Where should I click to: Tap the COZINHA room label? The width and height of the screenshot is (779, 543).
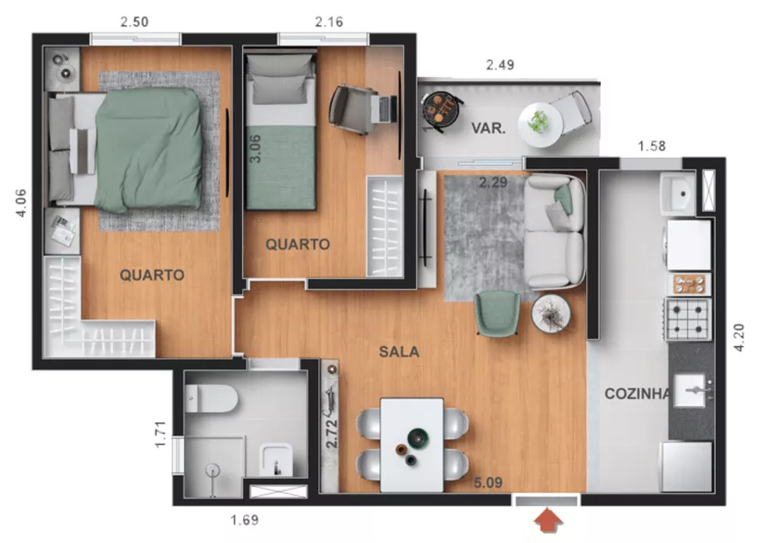[638, 394]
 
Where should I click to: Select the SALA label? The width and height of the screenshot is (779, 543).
[399, 351]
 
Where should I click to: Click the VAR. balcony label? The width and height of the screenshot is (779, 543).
[488, 129]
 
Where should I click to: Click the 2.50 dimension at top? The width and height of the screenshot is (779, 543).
[135, 22]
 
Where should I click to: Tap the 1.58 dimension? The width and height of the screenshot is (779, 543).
[652, 146]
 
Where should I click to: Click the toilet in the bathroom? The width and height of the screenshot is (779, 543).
[211, 400]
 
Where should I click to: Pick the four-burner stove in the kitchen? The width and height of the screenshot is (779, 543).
[688, 319]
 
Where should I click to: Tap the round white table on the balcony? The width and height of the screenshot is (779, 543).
[540, 125]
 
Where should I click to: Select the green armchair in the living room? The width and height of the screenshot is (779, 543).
[498, 313]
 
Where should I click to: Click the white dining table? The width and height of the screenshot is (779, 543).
[412, 445]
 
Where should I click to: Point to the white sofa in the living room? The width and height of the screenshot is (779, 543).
[554, 232]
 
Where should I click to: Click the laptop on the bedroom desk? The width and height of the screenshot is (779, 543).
[382, 108]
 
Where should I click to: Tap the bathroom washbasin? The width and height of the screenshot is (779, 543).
[275, 460]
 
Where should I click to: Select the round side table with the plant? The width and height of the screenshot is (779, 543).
[552, 313]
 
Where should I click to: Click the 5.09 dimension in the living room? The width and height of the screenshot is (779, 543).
[489, 483]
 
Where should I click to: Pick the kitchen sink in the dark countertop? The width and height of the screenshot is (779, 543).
[691, 389]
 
